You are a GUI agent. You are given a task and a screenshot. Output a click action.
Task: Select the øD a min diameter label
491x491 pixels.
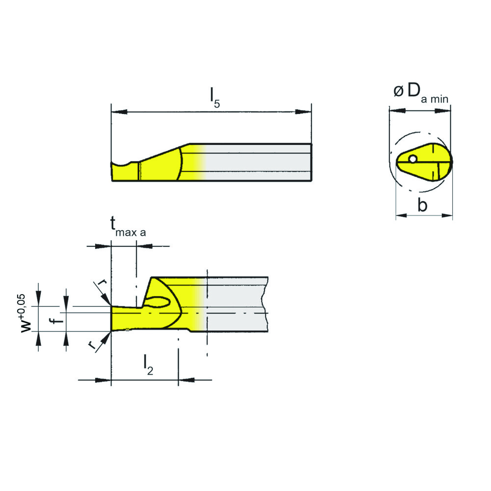pos(421,93)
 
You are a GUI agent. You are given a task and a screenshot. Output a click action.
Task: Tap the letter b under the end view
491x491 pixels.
pos(423,206)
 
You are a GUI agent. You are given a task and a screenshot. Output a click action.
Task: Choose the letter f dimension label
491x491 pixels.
pos(58,320)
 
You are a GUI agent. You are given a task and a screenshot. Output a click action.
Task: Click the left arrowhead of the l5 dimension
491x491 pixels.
pos(118,112)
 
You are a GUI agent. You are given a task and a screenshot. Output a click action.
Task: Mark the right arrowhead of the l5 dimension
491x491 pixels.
pos(305,112)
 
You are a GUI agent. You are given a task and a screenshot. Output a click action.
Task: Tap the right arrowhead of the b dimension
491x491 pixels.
pos(447,215)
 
